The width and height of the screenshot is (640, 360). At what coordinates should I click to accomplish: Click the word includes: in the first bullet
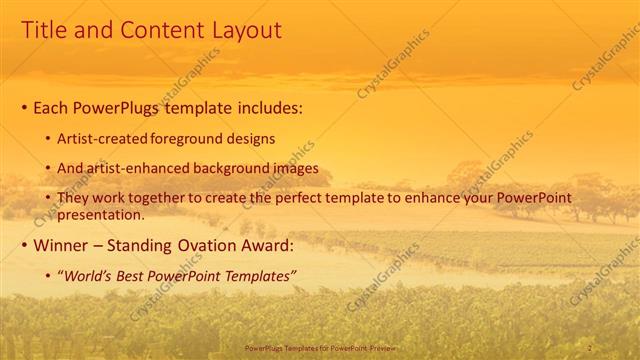(269, 107)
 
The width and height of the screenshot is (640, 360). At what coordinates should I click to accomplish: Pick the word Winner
(64, 245)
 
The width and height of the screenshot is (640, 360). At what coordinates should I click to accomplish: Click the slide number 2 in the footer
(590, 347)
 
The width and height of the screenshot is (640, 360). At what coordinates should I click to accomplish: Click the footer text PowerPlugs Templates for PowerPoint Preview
(319, 347)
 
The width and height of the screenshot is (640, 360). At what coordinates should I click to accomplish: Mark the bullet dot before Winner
(24, 245)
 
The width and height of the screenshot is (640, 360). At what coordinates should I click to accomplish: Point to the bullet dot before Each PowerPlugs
(24, 107)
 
